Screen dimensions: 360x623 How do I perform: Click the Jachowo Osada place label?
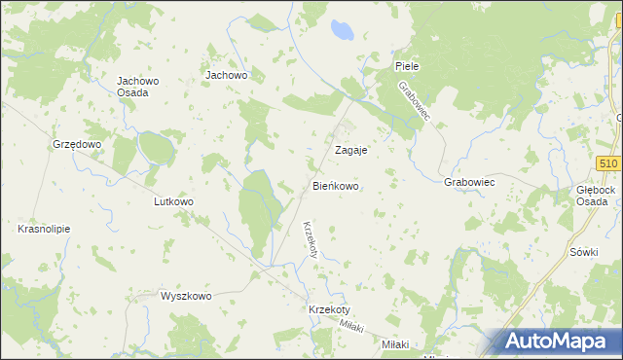point(132,87)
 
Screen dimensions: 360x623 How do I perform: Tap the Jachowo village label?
point(227,74)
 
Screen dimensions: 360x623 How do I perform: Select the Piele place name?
point(406,65)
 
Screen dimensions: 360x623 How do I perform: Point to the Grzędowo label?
point(77,144)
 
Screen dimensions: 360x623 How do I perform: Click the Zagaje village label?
point(350,151)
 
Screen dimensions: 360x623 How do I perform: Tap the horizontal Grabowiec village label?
point(470,182)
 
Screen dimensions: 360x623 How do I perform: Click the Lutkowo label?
point(174,202)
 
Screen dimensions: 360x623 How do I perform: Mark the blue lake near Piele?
point(341,32)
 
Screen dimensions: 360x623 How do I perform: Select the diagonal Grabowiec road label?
point(420,101)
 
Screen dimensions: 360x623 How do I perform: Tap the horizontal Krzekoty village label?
point(328,308)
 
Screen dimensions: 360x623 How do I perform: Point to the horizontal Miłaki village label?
point(395,345)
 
